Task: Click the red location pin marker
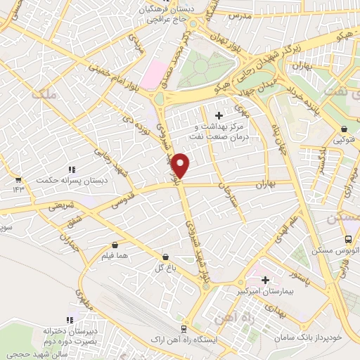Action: point(181,165)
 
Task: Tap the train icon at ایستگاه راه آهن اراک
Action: point(184,328)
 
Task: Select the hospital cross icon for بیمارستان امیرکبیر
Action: point(265,280)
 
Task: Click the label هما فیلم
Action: point(116,256)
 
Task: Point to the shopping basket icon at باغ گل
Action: point(165,258)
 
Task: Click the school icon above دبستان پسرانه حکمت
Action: point(71,169)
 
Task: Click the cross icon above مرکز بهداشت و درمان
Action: point(219,115)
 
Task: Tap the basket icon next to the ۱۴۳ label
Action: point(18,179)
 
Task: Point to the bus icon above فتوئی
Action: point(343,129)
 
